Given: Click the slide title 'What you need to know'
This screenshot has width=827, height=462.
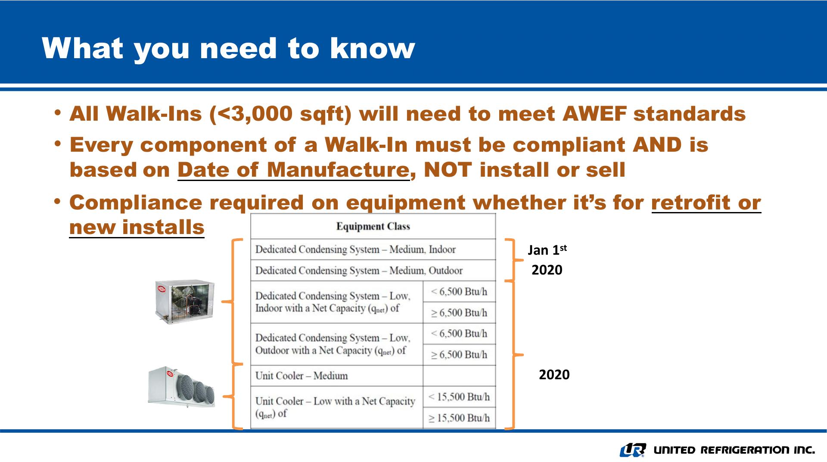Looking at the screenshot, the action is (229, 48).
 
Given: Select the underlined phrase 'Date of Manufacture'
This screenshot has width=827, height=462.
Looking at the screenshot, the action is (293, 170).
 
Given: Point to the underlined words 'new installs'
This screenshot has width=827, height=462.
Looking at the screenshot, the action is (137, 227).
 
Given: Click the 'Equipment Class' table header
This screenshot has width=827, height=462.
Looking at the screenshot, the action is (373, 226).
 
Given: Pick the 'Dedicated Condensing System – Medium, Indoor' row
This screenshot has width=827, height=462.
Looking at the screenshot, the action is (373, 250).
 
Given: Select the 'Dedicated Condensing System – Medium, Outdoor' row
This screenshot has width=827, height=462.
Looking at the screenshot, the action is (373, 270).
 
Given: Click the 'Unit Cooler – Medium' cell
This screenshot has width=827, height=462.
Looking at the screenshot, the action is (337, 376).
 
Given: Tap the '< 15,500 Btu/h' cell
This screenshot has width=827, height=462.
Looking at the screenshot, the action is (459, 396).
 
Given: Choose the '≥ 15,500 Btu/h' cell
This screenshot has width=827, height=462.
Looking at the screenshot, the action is (459, 418).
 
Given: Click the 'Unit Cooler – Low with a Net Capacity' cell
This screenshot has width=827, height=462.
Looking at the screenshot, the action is (337, 407).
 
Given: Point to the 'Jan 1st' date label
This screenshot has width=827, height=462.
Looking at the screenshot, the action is (547, 250).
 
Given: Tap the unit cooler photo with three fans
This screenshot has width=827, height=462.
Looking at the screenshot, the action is (181, 387).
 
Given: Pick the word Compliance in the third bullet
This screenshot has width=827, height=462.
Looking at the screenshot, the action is (136, 203).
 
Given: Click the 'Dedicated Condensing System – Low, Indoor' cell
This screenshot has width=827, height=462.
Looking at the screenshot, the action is (337, 302).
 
